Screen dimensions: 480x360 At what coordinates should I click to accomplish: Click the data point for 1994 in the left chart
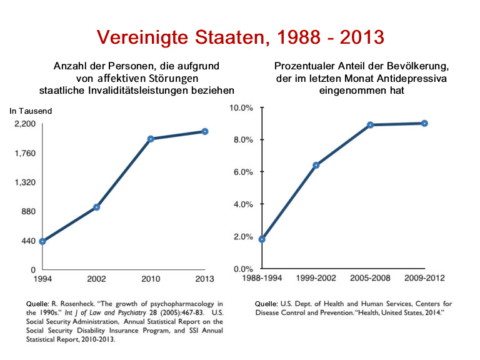42,241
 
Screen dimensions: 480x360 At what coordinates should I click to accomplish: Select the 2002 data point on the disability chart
96,207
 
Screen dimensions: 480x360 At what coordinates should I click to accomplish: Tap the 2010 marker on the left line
151,139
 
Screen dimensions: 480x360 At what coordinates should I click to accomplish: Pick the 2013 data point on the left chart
205,131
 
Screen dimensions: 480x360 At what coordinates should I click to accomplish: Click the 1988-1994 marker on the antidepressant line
262,239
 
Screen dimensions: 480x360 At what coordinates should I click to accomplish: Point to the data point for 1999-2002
316,165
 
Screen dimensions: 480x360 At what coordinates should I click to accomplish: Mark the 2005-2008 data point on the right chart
371,125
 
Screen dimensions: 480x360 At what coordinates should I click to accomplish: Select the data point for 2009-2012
424,123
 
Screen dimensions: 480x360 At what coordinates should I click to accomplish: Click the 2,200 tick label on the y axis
25,124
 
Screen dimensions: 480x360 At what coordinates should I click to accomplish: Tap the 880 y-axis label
29,211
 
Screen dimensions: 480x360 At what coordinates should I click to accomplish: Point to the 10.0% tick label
241,107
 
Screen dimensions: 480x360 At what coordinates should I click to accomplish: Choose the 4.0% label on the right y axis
243,204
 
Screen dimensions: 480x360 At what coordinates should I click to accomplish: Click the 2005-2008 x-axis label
370,278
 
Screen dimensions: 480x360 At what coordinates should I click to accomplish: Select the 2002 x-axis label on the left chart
96,279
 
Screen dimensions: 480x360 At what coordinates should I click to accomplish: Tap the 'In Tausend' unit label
31,111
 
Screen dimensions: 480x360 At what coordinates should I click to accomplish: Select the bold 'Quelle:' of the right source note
266,304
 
